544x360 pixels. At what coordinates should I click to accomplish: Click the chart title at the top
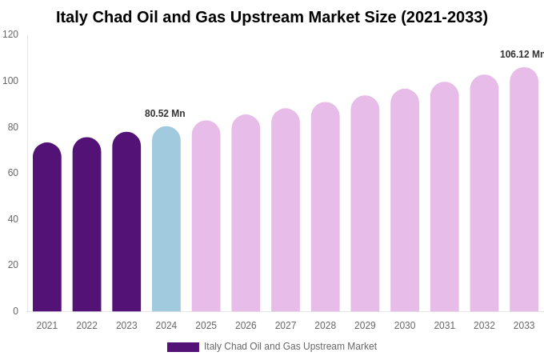pos(272,17)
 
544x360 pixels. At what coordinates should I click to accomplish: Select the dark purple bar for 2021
pos(47,228)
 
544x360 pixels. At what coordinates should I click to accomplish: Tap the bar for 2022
pos(86,225)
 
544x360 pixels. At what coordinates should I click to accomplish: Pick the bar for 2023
pos(126,222)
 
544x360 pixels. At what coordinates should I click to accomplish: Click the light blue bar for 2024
pos(166,219)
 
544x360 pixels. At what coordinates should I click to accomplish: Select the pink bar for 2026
pos(246,214)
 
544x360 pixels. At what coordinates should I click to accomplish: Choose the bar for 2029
pos(365,204)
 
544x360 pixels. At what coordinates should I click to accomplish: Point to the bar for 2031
pos(445,198)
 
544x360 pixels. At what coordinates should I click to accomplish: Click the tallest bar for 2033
pos(524,190)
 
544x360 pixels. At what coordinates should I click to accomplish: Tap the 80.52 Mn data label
pos(165,114)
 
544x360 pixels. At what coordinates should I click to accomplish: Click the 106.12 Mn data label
pos(522,54)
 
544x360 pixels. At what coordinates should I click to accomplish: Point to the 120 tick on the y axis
pos(10,34)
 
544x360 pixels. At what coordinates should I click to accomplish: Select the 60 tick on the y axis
pos(13,173)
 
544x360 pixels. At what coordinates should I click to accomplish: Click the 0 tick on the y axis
pos(15,311)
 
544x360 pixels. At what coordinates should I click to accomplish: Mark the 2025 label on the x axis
pos(206,326)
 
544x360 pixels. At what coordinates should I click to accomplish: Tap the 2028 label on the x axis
pos(325,326)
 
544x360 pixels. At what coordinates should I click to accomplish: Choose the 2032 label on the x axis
pos(484,326)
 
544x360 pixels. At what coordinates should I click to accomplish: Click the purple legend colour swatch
pos(182,347)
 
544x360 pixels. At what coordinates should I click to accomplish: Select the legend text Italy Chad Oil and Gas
pos(290,346)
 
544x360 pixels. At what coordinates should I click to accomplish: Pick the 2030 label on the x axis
pos(405,326)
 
